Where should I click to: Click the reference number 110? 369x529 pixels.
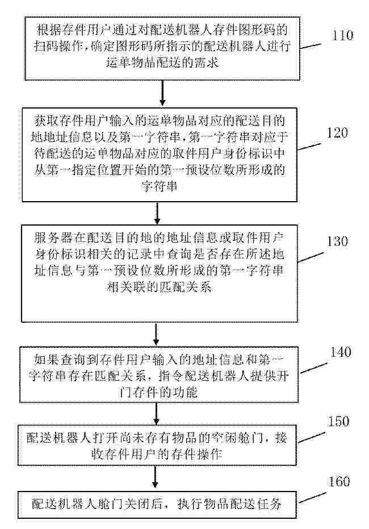pyautogui.click(x=343, y=35)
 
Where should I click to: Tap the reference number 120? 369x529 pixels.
pyautogui.click(x=337, y=132)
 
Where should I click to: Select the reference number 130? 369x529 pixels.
pyautogui.click(x=337, y=241)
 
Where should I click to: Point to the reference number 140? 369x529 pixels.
pyautogui.click(x=341, y=352)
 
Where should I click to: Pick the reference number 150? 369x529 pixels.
pyautogui.click(x=339, y=422)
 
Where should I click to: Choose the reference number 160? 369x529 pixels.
pyautogui.click(x=339, y=481)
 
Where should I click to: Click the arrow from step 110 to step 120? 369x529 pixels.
pyautogui.click(x=162, y=93)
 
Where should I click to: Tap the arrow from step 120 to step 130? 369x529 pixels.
pyautogui.click(x=157, y=213)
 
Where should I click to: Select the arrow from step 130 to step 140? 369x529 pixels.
pyautogui.click(x=156, y=334)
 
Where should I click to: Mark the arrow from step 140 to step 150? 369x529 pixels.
pyautogui.click(x=156, y=413)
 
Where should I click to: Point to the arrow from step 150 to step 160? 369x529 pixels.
pyautogui.click(x=155, y=477)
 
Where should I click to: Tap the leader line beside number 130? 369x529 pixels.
pyautogui.click(x=311, y=257)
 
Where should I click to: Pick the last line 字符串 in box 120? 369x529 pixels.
pyautogui.click(x=160, y=186)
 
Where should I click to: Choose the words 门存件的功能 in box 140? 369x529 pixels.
pyautogui.click(x=158, y=392)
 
